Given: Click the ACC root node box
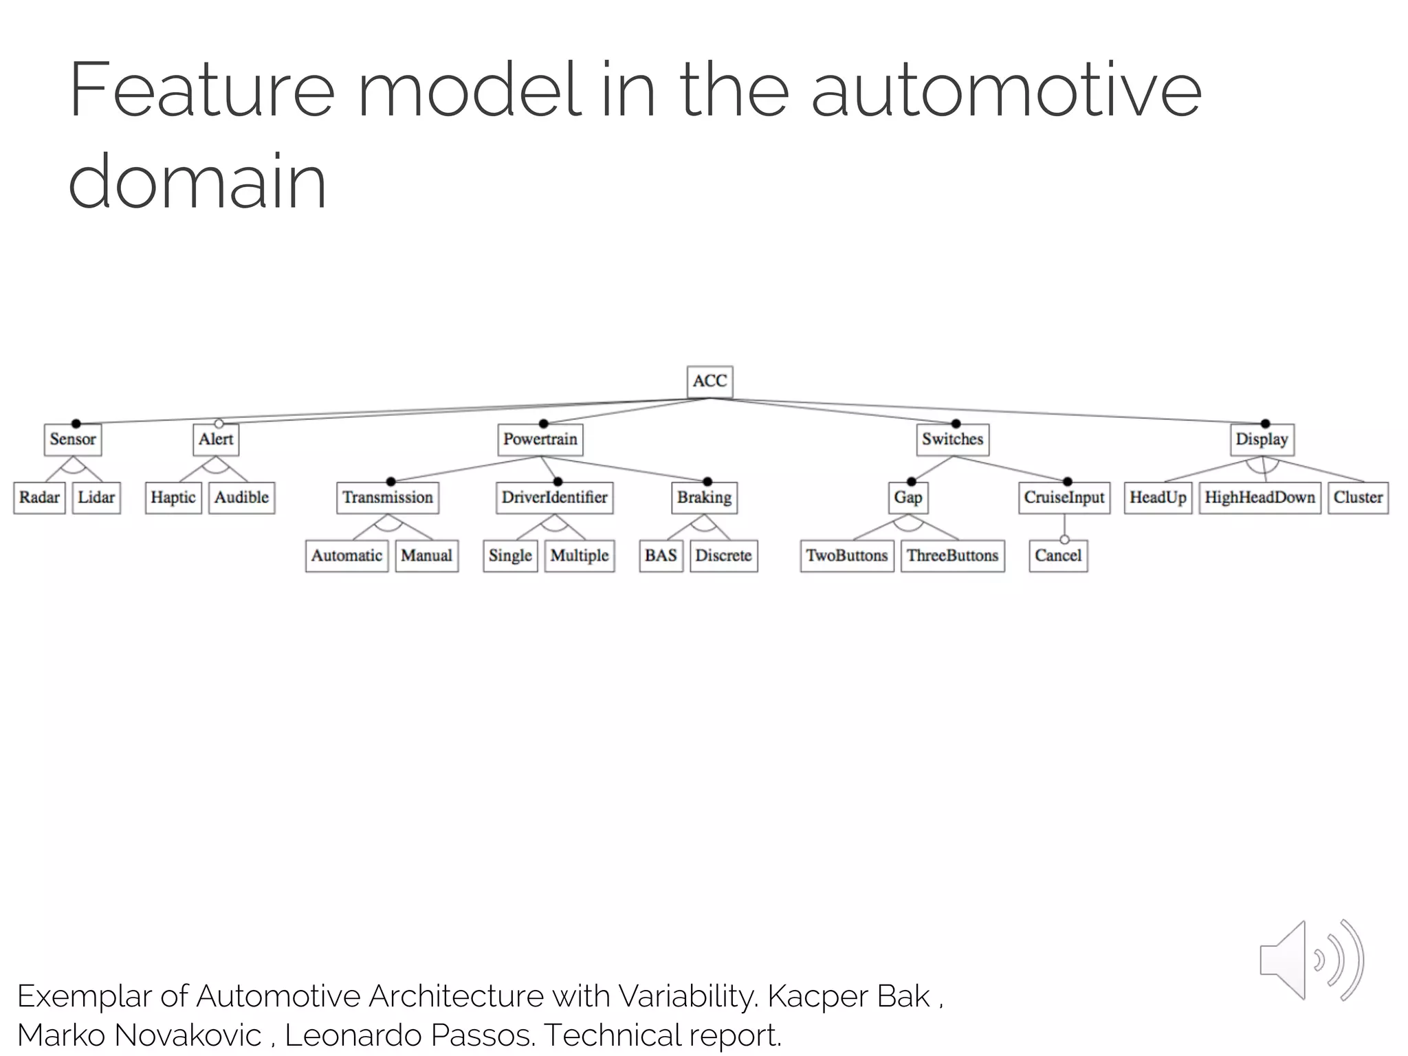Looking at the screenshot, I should pyautogui.click(x=709, y=382).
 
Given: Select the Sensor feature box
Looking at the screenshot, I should pyautogui.click(x=73, y=439).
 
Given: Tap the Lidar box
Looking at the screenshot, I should pyautogui.click(x=96, y=497).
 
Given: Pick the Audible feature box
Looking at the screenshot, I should pyautogui.click(x=241, y=497).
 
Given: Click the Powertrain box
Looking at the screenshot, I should pyautogui.click(x=540, y=439).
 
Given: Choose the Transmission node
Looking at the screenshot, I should pyautogui.click(x=388, y=497).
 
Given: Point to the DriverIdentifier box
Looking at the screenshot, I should pyautogui.click(x=554, y=497).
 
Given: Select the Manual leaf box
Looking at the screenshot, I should pyautogui.click(x=426, y=555).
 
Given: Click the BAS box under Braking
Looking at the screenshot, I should pyautogui.click(x=661, y=555).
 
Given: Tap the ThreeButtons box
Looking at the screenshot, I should pyautogui.click(x=952, y=555).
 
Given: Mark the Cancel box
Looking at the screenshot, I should pyautogui.click(x=1058, y=555).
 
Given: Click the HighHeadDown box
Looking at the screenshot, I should pyautogui.click(x=1259, y=497).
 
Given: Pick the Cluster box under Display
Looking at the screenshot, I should pyautogui.click(x=1358, y=497).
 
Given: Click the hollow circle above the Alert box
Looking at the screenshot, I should pyautogui.click(x=219, y=423).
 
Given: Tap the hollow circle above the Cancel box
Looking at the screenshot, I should pyautogui.click(x=1064, y=540).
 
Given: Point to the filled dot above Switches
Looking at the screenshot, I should pyautogui.click(x=956, y=423).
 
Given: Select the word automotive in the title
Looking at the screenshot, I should pyautogui.click(x=1006, y=91).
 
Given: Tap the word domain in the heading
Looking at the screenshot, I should pyautogui.click(x=197, y=181).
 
